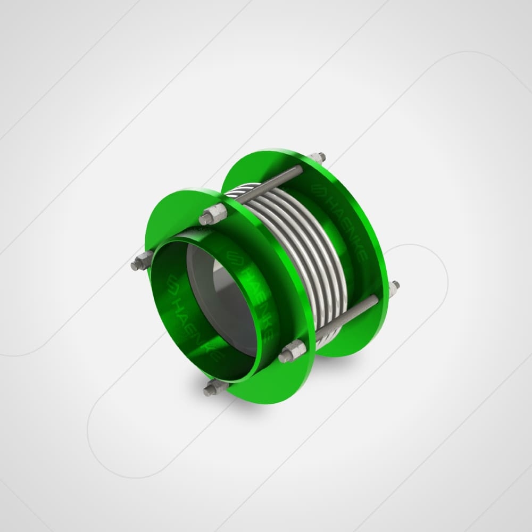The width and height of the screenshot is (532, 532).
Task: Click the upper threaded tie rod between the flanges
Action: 268,185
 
